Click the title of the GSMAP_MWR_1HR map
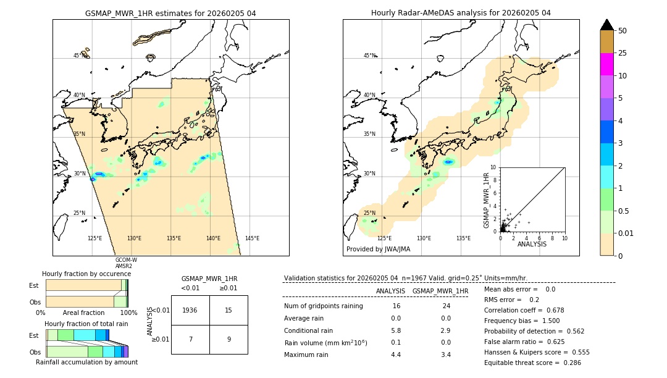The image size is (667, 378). click(x=170, y=13)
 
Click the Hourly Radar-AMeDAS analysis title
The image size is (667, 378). click(x=461, y=13)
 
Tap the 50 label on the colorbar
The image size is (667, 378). click(x=623, y=31)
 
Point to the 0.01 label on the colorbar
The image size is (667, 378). click(x=627, y=233)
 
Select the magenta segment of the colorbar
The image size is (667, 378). click(x=606, y=64)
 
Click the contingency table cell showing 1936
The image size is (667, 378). click(x=190, y=310)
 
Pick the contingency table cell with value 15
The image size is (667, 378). click(x=229, y=310)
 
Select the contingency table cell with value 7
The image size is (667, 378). click(x=190, y=339)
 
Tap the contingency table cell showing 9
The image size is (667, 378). click(x=229, y=339)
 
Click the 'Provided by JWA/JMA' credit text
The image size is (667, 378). click(x=378, y=249)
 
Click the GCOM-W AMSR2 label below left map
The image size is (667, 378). click(x=125, y=263)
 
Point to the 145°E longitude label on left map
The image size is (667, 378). click(x=252, y=238)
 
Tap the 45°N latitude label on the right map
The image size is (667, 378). click(x=369, y=56)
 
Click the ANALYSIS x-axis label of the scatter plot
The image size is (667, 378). click(x=532, y=244)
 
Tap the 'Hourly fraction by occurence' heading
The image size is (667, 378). click(x=86, y=274)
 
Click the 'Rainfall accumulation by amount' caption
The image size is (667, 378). click(x=86, y=362)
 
